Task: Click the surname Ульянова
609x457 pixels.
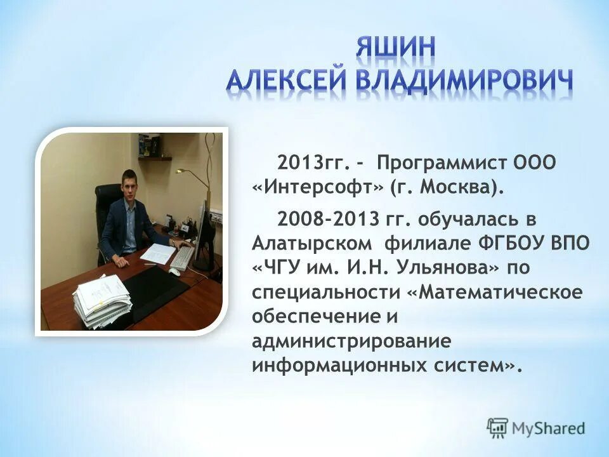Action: [x=448, y=268]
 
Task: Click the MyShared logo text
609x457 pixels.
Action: [x=547, y=427]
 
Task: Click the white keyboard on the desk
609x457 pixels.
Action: [x=183, y=258]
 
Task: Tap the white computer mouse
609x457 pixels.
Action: [x=174, y=272]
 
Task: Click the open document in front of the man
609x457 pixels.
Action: [x=157, y=253]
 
